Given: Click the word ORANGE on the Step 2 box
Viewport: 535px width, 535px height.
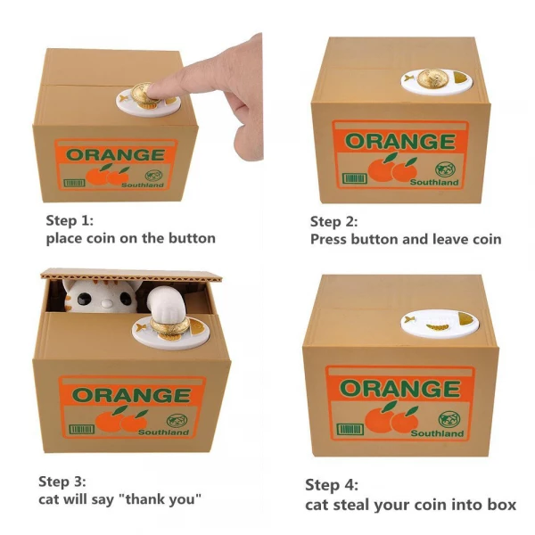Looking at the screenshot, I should (x=399, y=142).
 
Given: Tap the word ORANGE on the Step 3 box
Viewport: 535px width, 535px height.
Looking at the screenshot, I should (x=130, y=393).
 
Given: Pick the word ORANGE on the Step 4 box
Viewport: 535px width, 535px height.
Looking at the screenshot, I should (x=400, y=389).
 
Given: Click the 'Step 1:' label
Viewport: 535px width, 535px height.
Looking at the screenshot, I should (x=70, y=219).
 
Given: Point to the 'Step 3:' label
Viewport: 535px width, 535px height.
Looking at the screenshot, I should (x=64, y=481).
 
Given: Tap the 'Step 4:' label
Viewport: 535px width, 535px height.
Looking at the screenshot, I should (x=331, y=486).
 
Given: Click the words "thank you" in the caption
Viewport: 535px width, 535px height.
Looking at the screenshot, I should (x=164, y=499).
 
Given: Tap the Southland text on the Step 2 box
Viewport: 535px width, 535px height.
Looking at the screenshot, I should (x=434, y=182).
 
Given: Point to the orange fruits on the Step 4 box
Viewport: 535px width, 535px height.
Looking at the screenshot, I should (x=391, y=418).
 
